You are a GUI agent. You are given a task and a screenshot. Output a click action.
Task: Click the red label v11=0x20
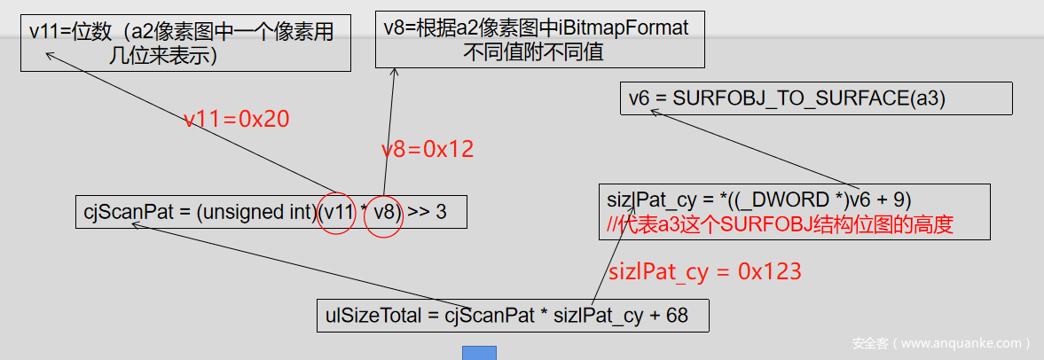236,120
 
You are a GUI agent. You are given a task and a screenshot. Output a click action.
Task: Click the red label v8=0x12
428,149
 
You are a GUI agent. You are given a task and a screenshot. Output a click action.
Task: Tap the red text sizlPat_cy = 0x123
704,271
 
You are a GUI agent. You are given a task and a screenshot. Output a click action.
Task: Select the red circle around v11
338,213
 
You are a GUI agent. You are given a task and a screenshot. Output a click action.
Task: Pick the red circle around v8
384,213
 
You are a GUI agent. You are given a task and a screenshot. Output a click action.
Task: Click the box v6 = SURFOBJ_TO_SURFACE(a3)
815,98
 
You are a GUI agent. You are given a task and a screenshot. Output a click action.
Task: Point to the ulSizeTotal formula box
512,316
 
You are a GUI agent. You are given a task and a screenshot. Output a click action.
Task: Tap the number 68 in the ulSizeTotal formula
677,316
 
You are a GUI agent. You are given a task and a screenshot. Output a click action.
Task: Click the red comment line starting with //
780,225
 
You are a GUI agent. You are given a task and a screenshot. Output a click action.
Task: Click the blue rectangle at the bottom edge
479,353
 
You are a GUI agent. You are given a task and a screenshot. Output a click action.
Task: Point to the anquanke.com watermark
940,343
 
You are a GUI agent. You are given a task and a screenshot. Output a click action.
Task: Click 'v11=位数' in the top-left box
70,32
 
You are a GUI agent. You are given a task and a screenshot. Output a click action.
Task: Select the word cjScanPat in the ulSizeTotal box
489,316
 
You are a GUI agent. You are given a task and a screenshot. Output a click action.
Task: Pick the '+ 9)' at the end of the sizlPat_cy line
894,200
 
